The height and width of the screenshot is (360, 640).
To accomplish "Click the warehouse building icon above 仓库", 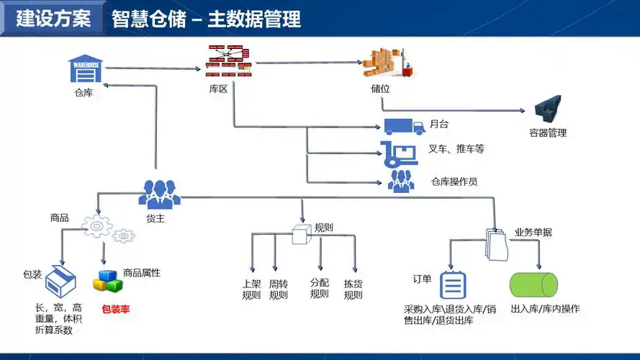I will (86, 70).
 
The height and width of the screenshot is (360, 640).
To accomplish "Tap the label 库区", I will (218, 88).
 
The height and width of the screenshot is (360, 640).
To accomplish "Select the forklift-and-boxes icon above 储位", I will (388, 63).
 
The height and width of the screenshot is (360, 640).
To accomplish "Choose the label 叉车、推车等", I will (456, 149).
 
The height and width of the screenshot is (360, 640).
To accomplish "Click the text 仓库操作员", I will (454, 182).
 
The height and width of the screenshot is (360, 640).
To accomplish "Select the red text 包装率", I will (115, 310).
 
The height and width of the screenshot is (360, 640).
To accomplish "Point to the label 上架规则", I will (251, 289).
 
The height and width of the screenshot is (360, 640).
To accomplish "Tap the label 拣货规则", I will (353, 289).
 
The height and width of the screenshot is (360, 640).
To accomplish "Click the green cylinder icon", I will (533, 285).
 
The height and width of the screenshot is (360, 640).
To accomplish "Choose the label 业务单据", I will (533, 233).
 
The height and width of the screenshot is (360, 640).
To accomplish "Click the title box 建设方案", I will (53, 19).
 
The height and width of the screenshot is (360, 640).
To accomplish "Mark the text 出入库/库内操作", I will (544, 310).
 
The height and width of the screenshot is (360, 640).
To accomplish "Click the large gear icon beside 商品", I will (97, 226).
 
